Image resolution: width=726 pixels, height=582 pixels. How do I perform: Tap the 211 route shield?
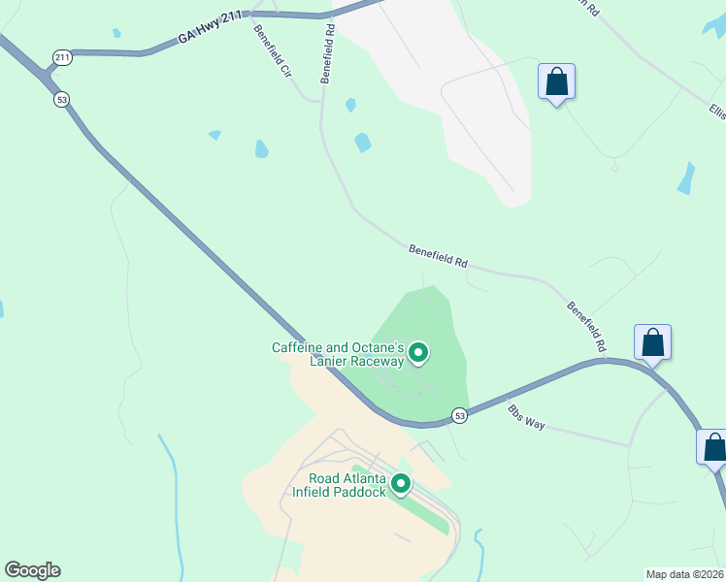(x=63, y=58)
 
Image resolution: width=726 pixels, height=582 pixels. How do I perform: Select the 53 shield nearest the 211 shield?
(x=62, y=100)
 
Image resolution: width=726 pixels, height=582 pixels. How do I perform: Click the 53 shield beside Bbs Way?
(x=460, y=416)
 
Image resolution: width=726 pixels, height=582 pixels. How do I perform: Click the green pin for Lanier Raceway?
(x=418, y=352)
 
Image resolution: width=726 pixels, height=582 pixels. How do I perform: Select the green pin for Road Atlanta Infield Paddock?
(x=399, y=483)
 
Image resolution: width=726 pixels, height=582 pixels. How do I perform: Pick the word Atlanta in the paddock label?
(x=364, y=478)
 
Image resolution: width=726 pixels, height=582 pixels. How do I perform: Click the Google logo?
(x=32, y=570)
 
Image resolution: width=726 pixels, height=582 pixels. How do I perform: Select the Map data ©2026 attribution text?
(x=685, y=573)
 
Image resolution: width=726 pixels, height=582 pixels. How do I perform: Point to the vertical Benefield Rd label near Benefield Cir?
(x=328, y=54)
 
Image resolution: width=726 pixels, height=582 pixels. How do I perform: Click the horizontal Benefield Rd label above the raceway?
(x=438, y=256)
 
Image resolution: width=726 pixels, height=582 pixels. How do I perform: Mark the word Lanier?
(x=329, y=361)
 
